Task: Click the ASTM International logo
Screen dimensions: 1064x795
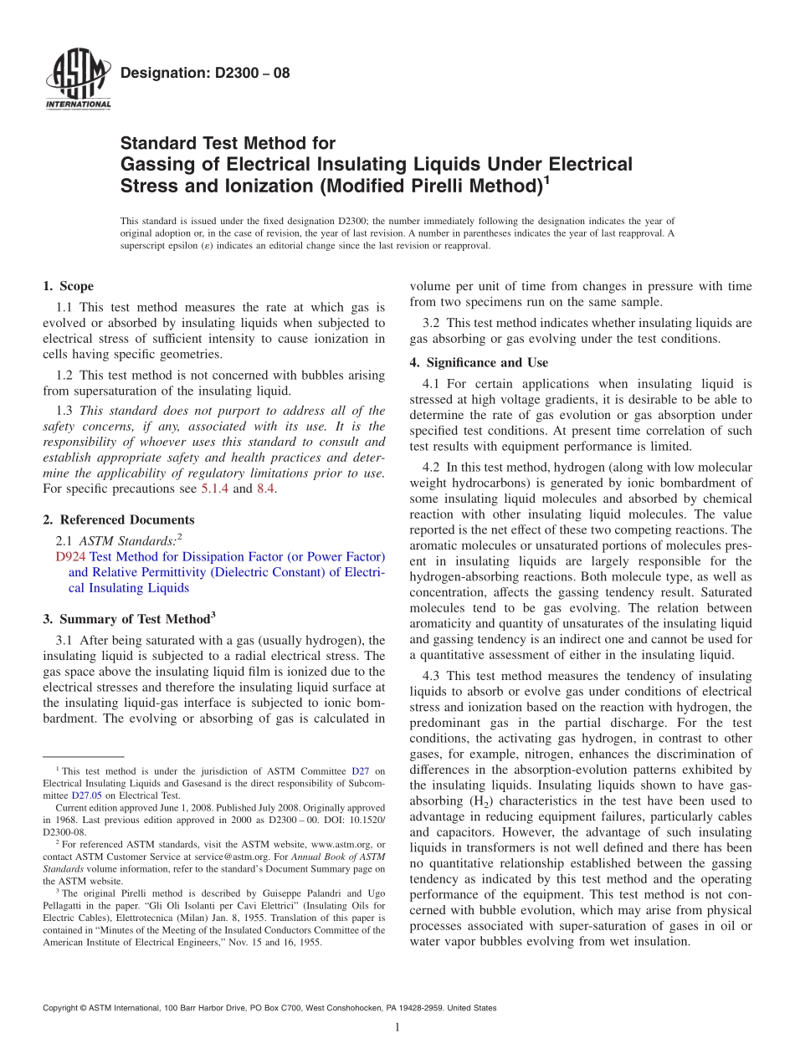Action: pyautogui.click(x=78, y=80)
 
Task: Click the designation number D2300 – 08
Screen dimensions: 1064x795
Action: pyautogui.click(x=205, y=73)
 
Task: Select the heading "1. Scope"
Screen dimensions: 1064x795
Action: pyautogui.click(x=69, y=286)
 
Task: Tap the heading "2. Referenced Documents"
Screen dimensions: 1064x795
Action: pyautogui.click(x=118, y=519)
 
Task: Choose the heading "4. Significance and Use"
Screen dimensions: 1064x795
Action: pyautogui.click(x=479, y=362)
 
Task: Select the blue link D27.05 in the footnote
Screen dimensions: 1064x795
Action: pyautogui.click(x=85, y=795)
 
